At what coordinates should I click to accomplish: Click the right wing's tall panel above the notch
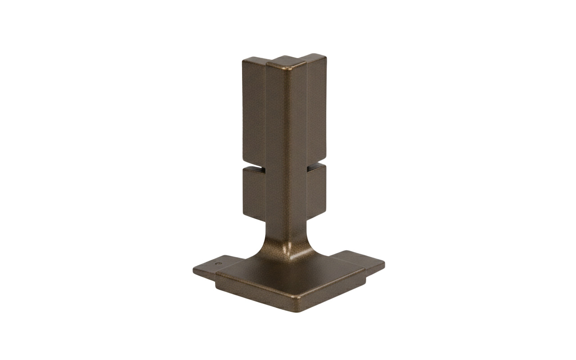pyautogui.click(x=316, y=110)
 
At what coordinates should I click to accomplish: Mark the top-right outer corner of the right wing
pyautogui.click(x=324, y=56)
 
